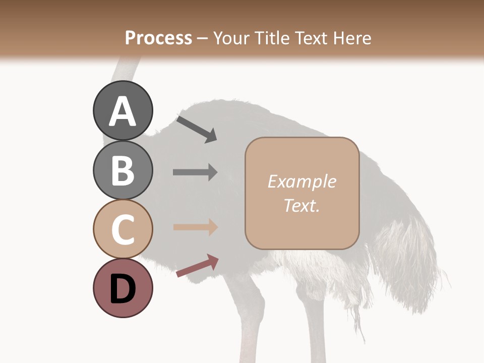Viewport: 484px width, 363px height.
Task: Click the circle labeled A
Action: (x=123, y=110)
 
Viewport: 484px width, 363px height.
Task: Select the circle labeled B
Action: (x=123, y=170)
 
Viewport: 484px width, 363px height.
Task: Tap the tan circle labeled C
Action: (x=123, y=229)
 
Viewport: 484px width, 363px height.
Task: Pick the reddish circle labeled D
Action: (x=123, y=288)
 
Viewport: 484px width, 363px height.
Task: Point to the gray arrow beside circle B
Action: (x=195, y=172)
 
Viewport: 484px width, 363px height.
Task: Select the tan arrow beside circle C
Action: (x=195, y=227)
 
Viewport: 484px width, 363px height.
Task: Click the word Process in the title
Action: (x=158, y=38)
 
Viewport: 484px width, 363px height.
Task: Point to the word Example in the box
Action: (x=301, y=181)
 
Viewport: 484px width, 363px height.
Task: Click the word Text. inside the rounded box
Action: (x=301, y=205)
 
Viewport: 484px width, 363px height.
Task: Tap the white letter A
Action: (x=123, y=111)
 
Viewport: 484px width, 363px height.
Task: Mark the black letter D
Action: (x=123, y=289)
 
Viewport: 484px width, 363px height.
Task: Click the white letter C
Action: (x=123, y=230)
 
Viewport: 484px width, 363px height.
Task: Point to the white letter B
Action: (x=123, y=170)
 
